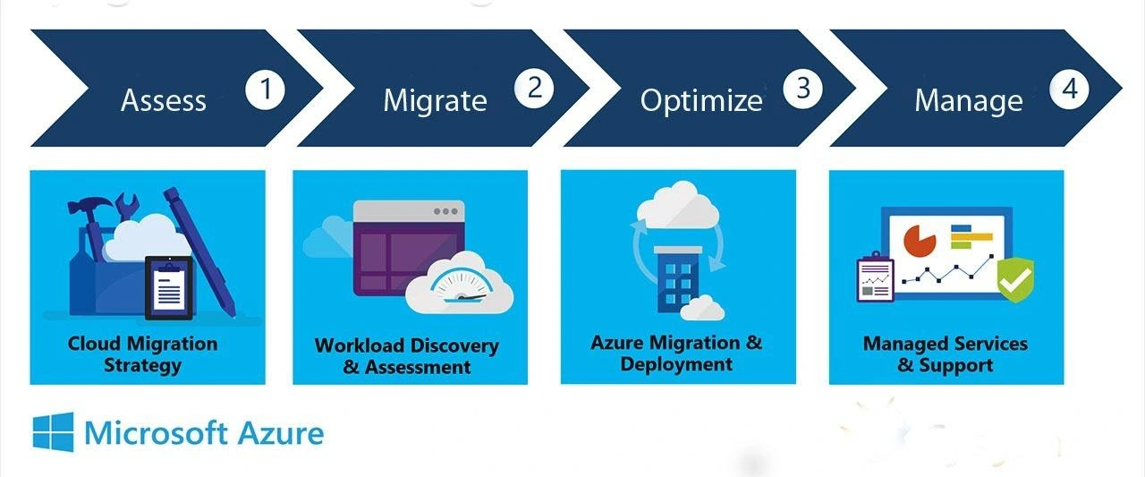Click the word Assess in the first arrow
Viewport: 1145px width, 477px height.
163,100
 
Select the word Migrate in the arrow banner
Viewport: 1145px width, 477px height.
435,100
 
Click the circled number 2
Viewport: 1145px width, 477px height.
534,87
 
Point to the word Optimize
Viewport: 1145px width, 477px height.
700,100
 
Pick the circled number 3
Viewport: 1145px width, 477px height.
802,88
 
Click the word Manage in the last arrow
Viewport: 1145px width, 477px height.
968,100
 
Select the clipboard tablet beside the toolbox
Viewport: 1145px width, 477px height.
169,288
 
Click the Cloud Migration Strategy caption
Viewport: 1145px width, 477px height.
142,354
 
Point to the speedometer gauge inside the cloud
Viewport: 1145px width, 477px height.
457,285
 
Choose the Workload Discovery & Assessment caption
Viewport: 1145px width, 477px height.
407,356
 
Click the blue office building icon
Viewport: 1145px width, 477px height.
676,278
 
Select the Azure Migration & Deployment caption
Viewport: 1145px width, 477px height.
676,353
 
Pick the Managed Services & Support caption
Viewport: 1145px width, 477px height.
946,354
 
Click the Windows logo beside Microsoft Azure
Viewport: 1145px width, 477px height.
53,433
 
